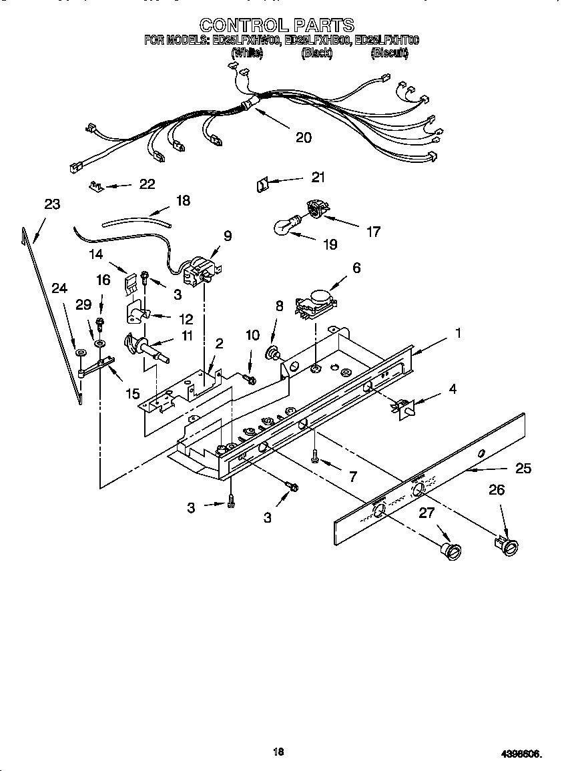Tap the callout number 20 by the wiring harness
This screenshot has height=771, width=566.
click(303, 138)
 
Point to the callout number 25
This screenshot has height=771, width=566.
click(523, 469)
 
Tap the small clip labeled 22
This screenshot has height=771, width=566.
click(95, 186)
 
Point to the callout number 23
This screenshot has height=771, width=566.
click(52, 204)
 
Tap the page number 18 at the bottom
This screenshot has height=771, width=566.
click(279, 752)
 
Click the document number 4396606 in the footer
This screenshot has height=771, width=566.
click(521, 754)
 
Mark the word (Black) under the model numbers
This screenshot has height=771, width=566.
click(317, 53)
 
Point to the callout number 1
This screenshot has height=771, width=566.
click(457, 332)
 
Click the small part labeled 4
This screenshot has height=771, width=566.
click(406, 407)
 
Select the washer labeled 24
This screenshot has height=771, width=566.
click(80, 352)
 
